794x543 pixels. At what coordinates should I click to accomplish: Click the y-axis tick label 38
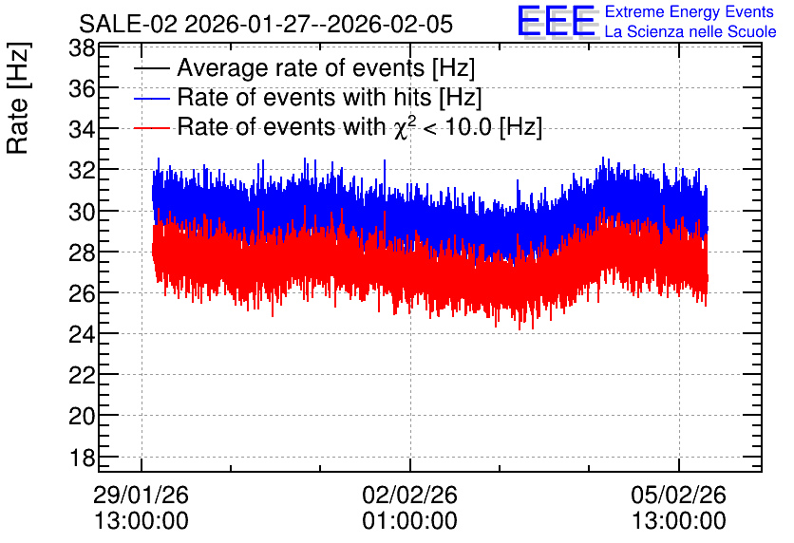coord(82,49)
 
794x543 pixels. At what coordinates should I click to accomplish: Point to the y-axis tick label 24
coord(82,334)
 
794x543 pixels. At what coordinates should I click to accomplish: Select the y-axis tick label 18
coord(82,458)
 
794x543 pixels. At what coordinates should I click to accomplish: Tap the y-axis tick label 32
coord(82,170)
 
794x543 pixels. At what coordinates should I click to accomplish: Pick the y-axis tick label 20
coord(82,417)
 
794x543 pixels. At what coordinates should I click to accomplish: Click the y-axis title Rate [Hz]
coord(18,98)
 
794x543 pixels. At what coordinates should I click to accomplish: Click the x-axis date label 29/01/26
coord(141,495)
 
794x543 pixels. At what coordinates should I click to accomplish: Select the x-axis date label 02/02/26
coord(409,495)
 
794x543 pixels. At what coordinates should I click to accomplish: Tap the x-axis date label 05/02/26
coord(678,495)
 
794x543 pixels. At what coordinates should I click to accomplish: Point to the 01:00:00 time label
coord(409,521)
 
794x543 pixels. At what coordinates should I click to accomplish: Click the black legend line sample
coord(151,68)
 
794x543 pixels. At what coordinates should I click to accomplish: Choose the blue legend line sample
coord(151,98)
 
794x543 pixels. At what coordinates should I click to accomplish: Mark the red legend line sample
coord(151,128)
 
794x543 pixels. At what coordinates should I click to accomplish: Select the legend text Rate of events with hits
coord(304,98)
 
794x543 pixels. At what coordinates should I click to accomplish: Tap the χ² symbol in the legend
coord(402,127)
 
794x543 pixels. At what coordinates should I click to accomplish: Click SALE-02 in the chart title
coord(128,25)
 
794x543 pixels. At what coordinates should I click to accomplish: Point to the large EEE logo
coord(557,21)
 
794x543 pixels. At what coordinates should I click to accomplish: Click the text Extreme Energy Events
coord(690,11)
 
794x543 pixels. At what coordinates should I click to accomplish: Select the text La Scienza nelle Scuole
coord(690,32)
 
